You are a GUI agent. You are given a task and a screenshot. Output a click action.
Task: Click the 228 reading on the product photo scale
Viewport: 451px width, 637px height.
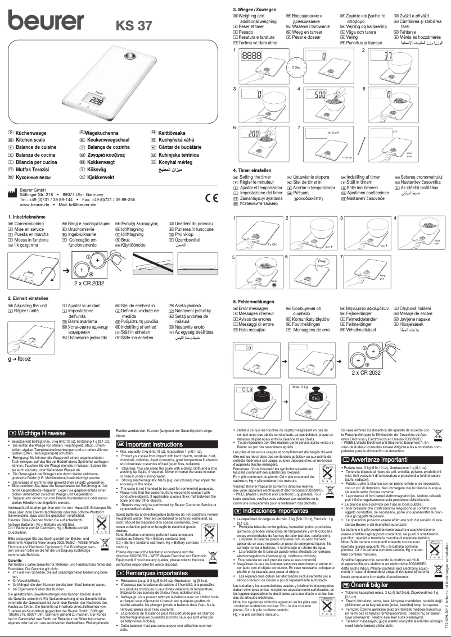96,103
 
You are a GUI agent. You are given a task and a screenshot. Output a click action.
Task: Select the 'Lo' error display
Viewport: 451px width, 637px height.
250,349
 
